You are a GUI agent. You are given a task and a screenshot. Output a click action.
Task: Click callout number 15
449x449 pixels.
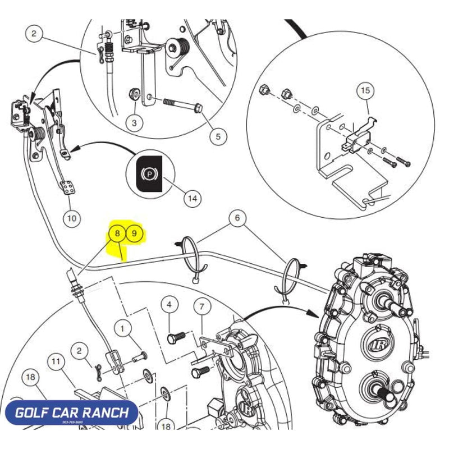pyautogui.click(x=365, y=90)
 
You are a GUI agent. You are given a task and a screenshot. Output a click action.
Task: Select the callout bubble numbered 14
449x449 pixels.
pyautogui.click(x=193, y=198)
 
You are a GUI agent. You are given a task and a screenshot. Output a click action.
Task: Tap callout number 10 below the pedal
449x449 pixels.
pyautogui.click(x=70, y=218)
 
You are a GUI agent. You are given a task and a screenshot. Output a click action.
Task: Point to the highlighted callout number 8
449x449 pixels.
pyautogui.click(x=117, y=233)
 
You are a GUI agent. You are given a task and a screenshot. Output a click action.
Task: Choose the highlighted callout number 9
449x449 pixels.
pyautogui.click(x=134, y=233)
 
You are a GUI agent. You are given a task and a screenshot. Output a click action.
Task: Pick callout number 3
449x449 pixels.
pyautogui.click(x=134, y=123)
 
